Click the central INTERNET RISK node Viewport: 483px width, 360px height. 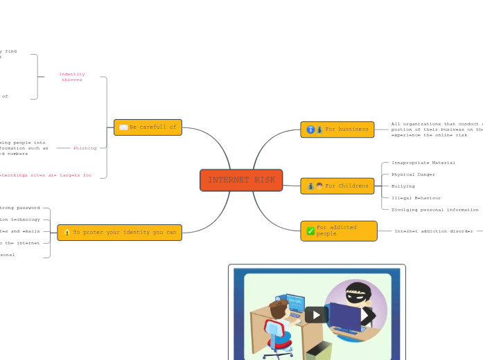(241, 180)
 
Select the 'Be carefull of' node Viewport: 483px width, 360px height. (148, 127)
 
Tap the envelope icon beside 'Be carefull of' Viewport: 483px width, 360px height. (123, 127)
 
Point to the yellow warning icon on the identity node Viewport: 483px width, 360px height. (67, 233)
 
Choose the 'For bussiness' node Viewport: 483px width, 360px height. (337, 129)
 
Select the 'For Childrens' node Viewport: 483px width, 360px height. (337, 186)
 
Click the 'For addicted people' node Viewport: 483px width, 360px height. (338, 231)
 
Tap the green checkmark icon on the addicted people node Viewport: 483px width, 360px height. (310, 231)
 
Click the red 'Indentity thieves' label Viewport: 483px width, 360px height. (71, 77)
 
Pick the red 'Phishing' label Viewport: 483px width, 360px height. (85, 148)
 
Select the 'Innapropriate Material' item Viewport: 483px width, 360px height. (423, 163)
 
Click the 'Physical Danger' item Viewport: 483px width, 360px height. (413, 174)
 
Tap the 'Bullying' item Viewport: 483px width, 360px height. (403, 186)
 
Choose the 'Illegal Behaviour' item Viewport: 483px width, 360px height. (416, 198)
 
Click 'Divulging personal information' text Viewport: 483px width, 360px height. (434, 210)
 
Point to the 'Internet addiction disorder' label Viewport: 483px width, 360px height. (434, 231)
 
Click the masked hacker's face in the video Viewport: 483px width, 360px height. (358, 294)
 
